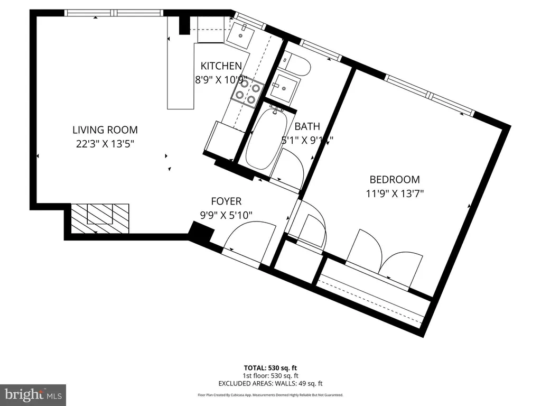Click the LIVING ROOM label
[105, 130]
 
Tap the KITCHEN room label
[221, 66]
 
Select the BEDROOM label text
[394, 180]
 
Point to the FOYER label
[226, 201]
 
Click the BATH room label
[307, 126]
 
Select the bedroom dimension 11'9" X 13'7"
[394, 193]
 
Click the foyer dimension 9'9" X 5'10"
[226, 215]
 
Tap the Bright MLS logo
[33, 394]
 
